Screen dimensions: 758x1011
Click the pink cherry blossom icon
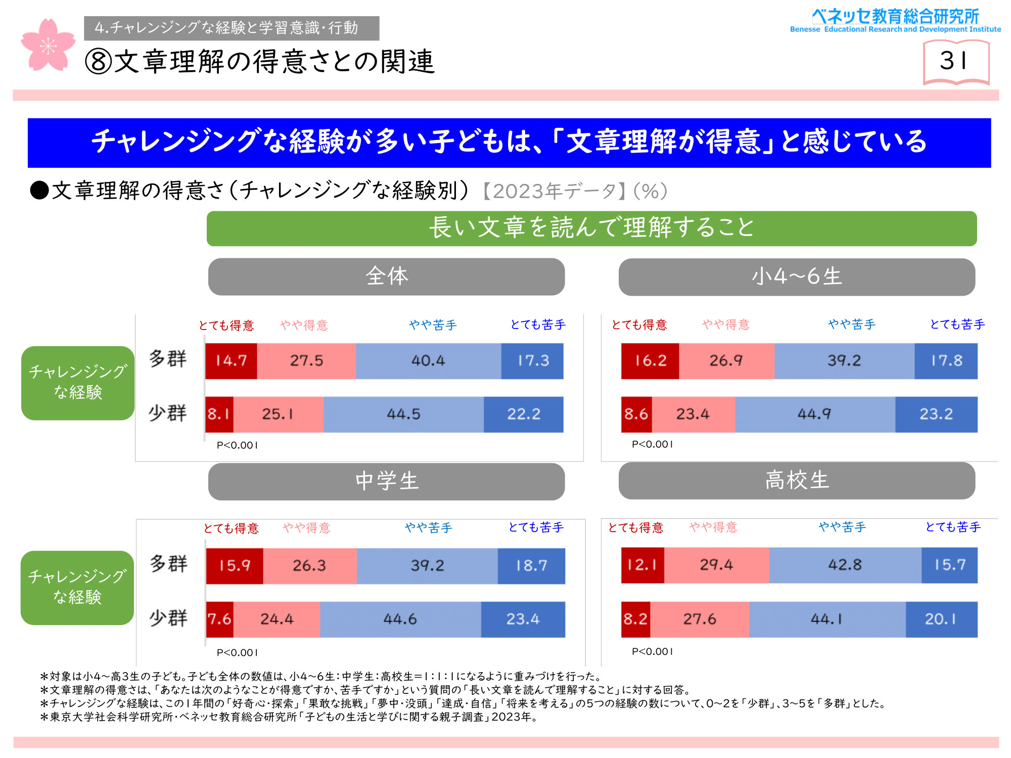point(48,45)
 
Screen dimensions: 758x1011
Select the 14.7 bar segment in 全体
point(231,361)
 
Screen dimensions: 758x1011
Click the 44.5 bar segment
point(403,414)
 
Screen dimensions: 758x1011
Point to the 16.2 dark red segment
point(650,361)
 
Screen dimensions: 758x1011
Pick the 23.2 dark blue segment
point(936,414)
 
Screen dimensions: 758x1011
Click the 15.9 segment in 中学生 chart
point(235,565)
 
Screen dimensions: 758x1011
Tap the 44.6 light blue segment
point(400,619)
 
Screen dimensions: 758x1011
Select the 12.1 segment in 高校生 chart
point(642,565)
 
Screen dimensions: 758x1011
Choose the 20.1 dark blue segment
point(941,619)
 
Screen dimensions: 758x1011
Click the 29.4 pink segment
point(716,565)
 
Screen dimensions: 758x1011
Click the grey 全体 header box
point(387,276)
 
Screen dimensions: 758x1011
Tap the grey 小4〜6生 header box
point(797,277)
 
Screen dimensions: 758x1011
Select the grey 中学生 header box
point(387,481)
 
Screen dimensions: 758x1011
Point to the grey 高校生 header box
point(797,480)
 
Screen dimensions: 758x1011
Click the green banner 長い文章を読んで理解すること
point(591,228)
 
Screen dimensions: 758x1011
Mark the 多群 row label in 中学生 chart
point(168,563)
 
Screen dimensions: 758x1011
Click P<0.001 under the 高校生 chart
point(652,651)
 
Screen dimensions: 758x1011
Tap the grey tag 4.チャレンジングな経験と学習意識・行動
point(232,28)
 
